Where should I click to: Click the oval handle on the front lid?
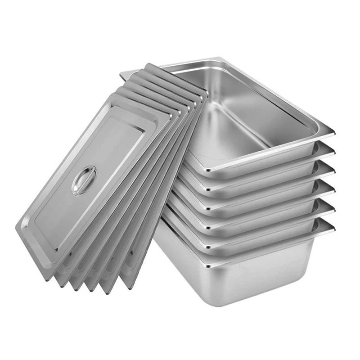click(84, 180)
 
